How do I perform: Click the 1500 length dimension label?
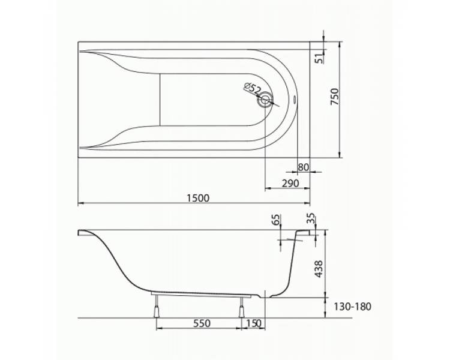pyautogui.click(x=198, y=198)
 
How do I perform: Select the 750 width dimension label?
pyautogui.click(x=335, y=97)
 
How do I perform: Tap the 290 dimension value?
pyautogui.click(x=290, y=183)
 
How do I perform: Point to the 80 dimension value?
pyautogui.click(x=303, y=167)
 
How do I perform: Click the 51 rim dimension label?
pyautogui.click(x=319, y=59)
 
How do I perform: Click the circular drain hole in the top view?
pyautogui.click(x=265, y=100)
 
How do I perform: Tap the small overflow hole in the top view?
pyautogui.click(x=295, y=99)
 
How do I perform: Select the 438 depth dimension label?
pyautogui.click(x=319, y=269)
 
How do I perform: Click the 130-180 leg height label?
pyautogui.click(x=352, y=307)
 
